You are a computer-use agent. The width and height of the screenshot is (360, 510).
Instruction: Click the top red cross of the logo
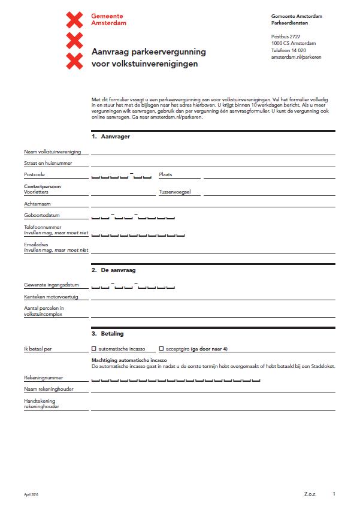[74, 20]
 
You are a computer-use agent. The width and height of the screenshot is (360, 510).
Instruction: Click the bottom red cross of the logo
[74, 61]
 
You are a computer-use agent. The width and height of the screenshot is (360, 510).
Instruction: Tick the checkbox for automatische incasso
[94, 348]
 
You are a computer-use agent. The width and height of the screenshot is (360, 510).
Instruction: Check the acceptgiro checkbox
[161, 348]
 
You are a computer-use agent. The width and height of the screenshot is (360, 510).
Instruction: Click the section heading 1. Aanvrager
[111, 137]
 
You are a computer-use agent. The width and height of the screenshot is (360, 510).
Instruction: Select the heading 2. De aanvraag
[113, 270]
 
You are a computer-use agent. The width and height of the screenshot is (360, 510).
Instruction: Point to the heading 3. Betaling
[108, 333]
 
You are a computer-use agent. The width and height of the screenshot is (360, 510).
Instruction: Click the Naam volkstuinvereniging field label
[52, 152]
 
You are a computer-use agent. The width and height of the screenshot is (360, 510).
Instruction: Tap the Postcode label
[34, 174]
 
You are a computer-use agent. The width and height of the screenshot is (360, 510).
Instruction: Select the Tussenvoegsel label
[174, 192]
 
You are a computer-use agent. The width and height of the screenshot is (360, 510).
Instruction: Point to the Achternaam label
[37, 204]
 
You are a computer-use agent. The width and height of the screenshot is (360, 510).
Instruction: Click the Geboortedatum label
[41, 215]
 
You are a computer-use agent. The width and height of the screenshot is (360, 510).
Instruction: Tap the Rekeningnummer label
[43, 378]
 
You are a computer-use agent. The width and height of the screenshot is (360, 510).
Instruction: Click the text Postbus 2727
[285, 37]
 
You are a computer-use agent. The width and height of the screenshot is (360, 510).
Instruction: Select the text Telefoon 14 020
[288, 50]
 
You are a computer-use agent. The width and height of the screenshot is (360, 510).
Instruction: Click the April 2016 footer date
[31, 494]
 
